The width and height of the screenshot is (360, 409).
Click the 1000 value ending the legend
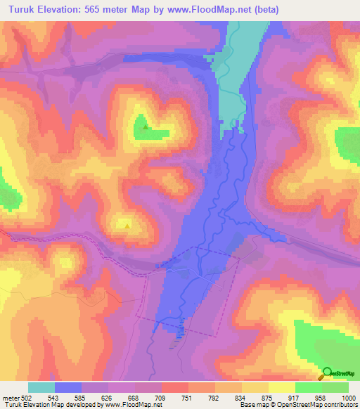tap(347, 398)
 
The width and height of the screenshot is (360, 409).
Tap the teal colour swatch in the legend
tap(41, 387)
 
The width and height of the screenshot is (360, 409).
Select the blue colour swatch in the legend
tap(68, 387)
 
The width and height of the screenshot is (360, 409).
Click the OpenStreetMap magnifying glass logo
tap(328, 372)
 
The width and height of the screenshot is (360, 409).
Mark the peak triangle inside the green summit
tap(146, 127)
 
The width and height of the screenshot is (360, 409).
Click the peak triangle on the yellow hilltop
tap(127, 225)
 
